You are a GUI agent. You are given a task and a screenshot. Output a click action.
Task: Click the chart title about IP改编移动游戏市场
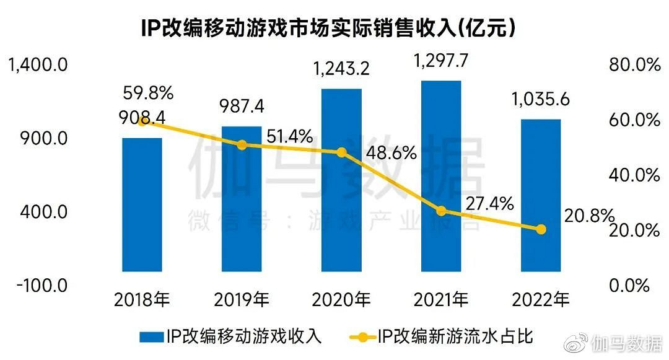coord(329,27)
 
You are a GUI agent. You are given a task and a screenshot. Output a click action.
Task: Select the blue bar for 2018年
coord(142,204)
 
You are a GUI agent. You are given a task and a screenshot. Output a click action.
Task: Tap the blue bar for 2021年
coord(440,176)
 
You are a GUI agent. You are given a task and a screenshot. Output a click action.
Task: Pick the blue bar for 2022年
coord(540,195)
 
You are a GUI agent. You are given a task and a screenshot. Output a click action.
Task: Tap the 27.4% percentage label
coord(486,203)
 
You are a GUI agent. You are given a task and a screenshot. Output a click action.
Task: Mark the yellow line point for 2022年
coord(541,229)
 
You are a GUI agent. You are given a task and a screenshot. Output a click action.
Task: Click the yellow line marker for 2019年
coord(242,145)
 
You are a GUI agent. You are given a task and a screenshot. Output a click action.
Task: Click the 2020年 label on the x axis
coord(341,301)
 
